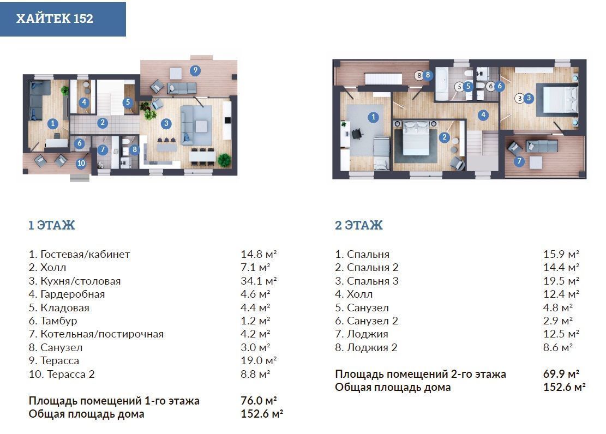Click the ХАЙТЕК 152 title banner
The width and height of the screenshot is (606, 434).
[x=63, y=19]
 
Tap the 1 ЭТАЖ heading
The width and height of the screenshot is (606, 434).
[x=52, y=225]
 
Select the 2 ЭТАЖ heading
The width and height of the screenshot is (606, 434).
[x=359, y=225]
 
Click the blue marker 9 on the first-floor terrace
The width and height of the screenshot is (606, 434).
[x=195, y=70]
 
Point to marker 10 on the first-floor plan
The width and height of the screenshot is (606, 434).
[x=81, y=163]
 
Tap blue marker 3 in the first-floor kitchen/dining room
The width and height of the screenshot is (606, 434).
[x=166, y=124]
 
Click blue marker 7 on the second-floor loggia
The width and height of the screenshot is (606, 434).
[x=519, y=161]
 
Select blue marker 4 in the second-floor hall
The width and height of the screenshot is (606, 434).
[x=483, y=114]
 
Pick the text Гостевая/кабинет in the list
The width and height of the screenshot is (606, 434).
[x=85, y=254]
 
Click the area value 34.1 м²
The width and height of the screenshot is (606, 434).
[x=259, y=281]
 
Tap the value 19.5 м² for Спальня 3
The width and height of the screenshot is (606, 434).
[x=561, y=281]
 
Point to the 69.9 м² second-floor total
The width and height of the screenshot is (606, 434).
[x=561, y=374]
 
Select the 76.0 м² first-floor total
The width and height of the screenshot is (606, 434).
[x=259, y=401]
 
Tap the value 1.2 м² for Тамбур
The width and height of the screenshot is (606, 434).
[x=255, y=321]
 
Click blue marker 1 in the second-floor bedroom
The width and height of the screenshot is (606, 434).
[x=373, y=117]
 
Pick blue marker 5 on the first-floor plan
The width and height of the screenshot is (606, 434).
[x=128, y=103]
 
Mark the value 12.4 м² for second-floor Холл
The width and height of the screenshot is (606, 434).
[x=561, y=294]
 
